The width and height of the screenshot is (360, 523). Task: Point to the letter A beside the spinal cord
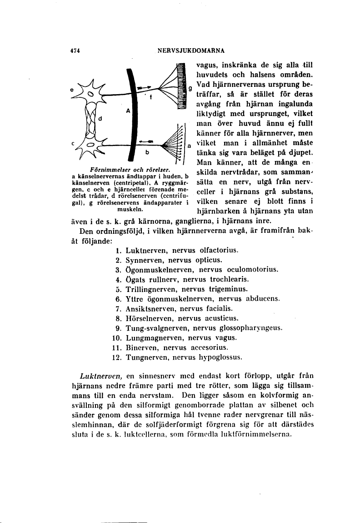[x=129, y=111]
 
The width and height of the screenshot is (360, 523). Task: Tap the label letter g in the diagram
[x=190, y=87]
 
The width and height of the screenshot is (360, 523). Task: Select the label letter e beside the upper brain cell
[x=72, y=90]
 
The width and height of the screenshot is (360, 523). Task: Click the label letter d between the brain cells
[x=100, y=119]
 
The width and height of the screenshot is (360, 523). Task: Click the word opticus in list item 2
[x=208, y=260]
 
